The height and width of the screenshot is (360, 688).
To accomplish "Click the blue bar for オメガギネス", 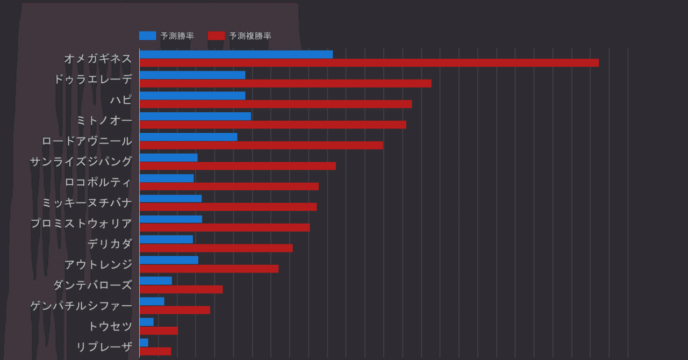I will (x=236, y=54).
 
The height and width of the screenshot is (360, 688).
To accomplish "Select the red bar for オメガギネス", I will (x=369, y=63).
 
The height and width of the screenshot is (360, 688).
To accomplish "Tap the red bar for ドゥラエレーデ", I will (x=285, y=83).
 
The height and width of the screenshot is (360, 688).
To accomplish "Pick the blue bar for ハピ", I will (x=192, y=96).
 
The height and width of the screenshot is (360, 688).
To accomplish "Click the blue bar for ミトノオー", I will (x=195, y=116).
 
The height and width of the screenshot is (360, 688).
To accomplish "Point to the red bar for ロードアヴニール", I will (x=261, y=145).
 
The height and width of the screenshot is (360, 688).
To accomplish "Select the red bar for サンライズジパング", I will (x=238, y=166).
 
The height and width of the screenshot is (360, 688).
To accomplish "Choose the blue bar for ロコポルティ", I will (x=167, y=178).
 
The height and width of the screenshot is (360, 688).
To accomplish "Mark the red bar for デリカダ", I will (x=216, y=248).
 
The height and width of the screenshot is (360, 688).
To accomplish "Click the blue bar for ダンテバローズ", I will (x=156, y=280).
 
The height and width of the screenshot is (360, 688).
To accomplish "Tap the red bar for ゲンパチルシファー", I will (x=175, y=310).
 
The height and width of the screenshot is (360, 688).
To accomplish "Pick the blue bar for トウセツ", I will (x=146, y=322).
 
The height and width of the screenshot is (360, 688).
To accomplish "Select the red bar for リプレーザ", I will (x=155, y=351).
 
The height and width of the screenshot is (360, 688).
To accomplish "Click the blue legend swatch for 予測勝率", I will (x=147, y=36).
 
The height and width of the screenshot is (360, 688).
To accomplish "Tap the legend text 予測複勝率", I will (x=250, y=36).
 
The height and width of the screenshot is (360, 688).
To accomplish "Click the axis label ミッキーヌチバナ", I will (x=87, y=203).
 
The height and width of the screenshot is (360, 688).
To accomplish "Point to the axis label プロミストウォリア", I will (x=81, y=224).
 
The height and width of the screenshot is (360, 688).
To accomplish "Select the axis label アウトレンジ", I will (x=98, y=264).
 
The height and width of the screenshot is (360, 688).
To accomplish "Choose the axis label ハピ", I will (x=121, y=100).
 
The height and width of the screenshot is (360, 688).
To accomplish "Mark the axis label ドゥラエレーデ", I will (x=93, y=79).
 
